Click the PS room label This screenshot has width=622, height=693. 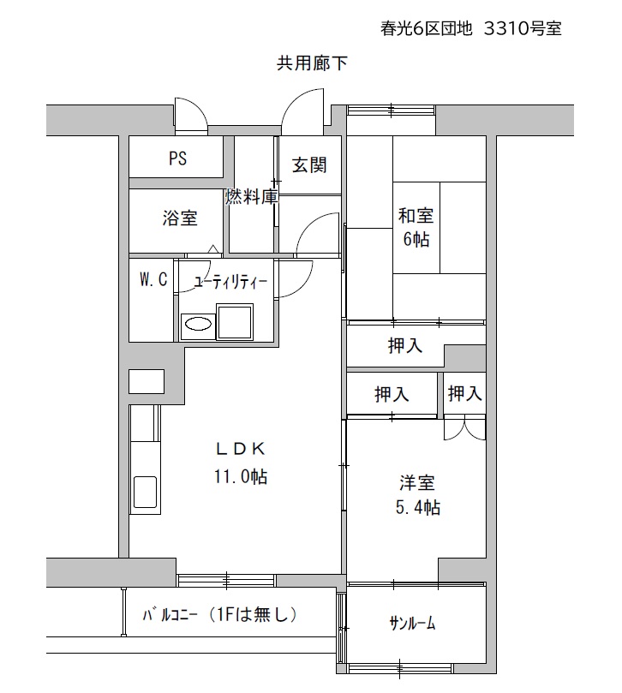[177, 158]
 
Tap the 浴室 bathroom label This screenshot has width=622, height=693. [179, 218]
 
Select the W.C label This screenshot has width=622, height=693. [153, 279]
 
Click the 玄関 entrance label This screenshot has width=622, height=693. [309, 164]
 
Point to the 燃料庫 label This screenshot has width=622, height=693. [252, 196]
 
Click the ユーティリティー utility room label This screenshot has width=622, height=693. [230, 282]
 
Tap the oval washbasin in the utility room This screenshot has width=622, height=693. [198, 324]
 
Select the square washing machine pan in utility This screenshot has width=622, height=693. [234, 321]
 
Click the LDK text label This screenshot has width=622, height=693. [241, 449]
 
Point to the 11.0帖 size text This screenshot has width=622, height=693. [241, 476]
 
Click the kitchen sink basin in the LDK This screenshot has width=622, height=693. [145, 492]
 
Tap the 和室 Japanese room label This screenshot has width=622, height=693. [416, 216]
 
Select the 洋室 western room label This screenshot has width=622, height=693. [417, 482]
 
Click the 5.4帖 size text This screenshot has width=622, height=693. [418, 507]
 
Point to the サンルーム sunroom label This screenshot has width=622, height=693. [412, 623]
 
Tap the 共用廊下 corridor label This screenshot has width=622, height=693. [312, 63]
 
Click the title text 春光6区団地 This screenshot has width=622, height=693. [427, 29]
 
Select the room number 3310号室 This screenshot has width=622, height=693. [523, 29]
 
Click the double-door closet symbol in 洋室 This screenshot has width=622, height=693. [464, 427]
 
